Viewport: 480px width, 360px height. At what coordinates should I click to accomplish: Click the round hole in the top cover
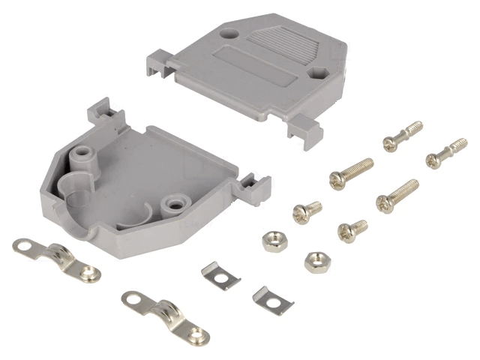tap(229, 34)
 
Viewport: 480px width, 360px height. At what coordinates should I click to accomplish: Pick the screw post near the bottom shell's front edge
tap(178, 202)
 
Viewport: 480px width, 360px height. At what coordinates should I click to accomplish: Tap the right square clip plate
tap(271, 300)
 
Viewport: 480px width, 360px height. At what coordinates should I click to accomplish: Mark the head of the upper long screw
tap(337, 178)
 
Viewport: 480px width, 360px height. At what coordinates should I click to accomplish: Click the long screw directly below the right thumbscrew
tap(397, 195)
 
